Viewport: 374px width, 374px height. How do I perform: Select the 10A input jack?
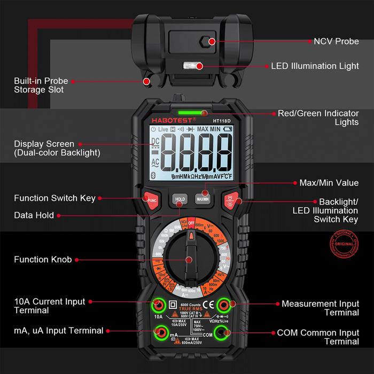158,305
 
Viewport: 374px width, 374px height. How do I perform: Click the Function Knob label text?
43,260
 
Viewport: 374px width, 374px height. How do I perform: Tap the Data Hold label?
34,215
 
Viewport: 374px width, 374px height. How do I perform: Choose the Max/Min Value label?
329,183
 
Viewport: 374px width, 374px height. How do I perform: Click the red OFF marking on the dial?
191,219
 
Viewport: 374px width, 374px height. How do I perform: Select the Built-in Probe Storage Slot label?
41,85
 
